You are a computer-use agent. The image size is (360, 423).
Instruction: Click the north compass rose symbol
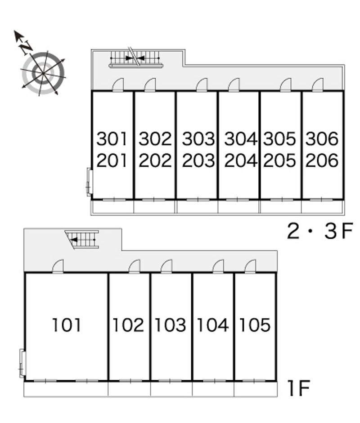point(43,72)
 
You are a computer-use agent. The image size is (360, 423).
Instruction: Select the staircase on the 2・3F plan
point(136,58)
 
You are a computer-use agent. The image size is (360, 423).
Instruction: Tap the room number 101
point(67,325)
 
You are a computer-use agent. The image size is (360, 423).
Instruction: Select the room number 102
point(128,325)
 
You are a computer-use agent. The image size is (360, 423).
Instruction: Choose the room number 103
point(171,325)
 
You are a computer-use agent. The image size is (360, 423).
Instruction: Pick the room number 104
point(213,325)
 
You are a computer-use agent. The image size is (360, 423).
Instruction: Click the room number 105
point(255,325)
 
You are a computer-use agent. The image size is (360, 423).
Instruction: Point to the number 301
point(112,139)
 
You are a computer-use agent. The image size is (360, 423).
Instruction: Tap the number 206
point(322,160)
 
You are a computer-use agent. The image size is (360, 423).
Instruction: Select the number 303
point(198,139)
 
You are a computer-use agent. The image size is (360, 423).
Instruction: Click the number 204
point(240,160)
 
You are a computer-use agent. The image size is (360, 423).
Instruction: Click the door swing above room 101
point(58,267)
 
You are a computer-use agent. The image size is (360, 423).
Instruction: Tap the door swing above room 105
point(250,267)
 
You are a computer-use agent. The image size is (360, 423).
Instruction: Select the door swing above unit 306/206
point(318,85)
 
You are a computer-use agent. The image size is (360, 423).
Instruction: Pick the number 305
point(280,139)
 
